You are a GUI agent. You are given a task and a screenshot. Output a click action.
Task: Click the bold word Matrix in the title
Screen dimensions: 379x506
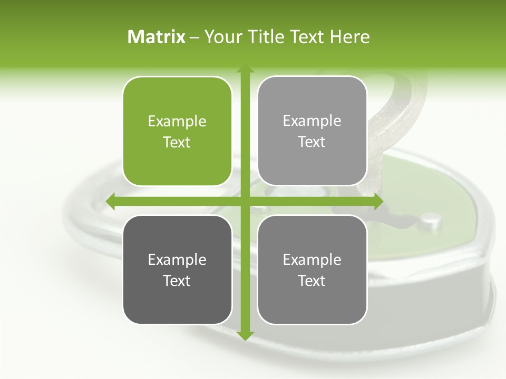tap(157, 37)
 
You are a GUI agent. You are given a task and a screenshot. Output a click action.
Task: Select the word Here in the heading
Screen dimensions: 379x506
tap(349, 37)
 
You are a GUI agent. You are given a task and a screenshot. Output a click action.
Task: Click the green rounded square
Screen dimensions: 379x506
tap(177, 132)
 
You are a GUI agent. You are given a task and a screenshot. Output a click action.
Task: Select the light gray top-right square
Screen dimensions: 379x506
tap(312, 131)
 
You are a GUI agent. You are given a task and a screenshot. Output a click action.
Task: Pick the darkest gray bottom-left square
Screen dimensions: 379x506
tap(177, 270)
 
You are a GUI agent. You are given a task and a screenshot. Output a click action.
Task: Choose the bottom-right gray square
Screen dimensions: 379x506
tap(312, 270)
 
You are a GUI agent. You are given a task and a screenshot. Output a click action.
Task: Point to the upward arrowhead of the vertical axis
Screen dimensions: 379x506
tap(245, 69)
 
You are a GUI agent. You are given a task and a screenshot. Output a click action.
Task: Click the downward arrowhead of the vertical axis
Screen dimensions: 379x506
tap(245, 335)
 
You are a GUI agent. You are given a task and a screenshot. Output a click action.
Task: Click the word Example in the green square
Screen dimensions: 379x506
tap(177, 122)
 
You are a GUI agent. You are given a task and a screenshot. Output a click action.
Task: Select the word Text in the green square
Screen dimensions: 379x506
tap(177, 142)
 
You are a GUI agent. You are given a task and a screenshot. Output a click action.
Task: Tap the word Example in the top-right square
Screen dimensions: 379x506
tap(312, 121)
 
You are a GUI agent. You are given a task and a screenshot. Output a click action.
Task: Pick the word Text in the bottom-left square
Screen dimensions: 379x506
tap(177, 281)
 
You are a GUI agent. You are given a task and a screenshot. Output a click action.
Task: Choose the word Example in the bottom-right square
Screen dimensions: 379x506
tap(312, 260)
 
